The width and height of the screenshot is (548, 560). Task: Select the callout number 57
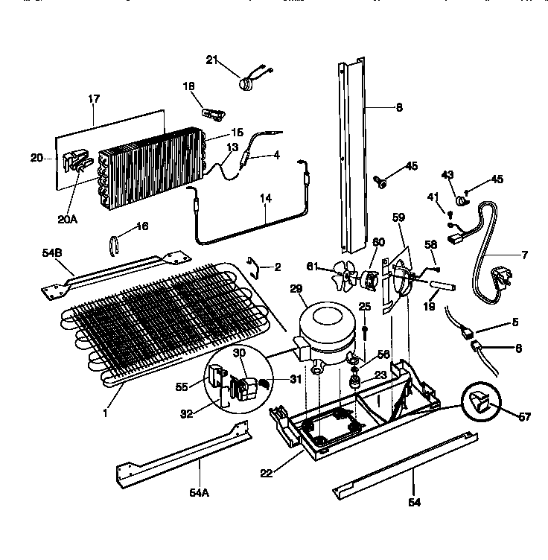point(524,417)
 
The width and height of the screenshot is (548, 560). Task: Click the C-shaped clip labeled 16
point(115,245)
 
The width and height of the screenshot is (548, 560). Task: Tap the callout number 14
point(266,198)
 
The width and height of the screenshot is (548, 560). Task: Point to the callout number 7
point(524,255)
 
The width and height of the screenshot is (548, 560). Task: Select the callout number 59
point(399,217)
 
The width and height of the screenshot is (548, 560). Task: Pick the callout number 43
point(447,174)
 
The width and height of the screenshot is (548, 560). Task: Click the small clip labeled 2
point(255,264)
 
